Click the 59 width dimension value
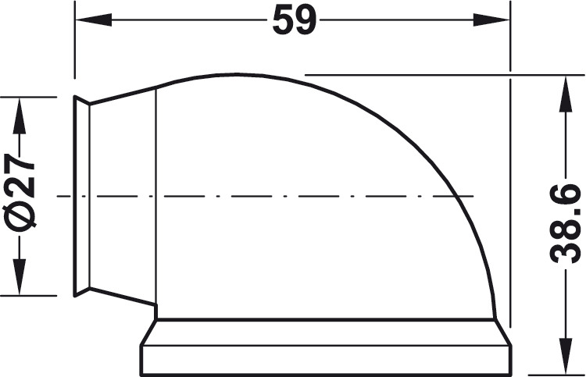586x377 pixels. [295, 20]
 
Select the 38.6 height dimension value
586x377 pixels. [565, 222]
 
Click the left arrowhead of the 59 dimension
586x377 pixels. [94, 20]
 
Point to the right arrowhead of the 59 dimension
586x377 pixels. [491, 20]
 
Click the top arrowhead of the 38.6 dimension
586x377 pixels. [566, 94]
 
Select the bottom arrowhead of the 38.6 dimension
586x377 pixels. [566, 356]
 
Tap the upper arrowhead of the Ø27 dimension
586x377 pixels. [20, 116]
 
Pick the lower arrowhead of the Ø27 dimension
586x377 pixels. [20, 276]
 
